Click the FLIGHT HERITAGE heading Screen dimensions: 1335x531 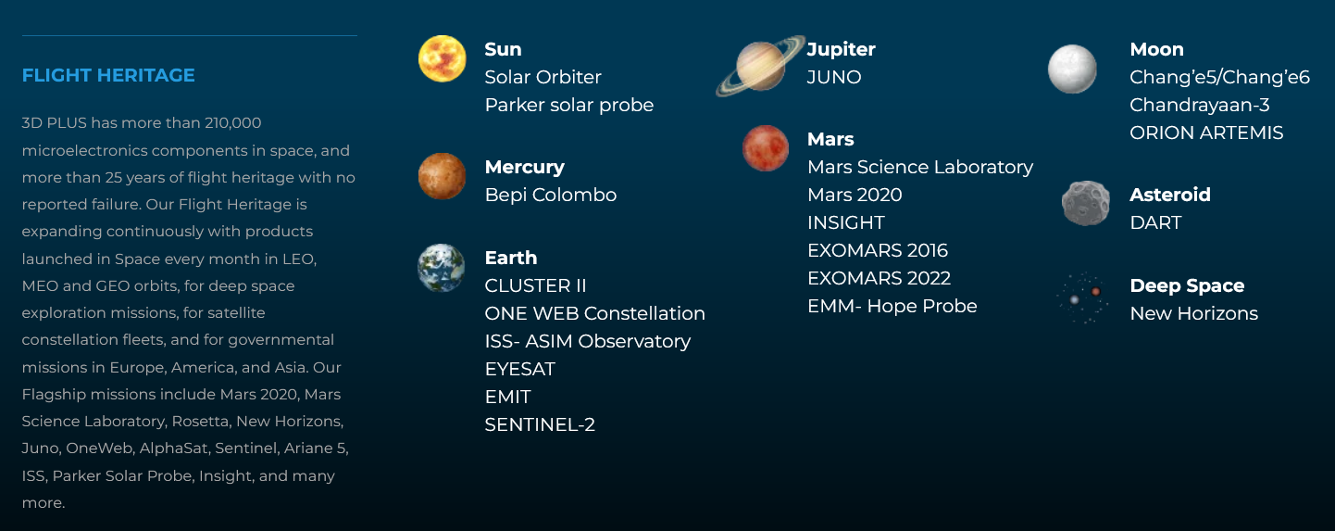108,75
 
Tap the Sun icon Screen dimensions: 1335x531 443,58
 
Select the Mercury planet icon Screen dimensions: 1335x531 442,176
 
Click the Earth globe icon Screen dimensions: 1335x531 441,268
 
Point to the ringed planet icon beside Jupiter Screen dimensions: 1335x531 760,66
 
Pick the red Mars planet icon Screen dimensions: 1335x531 766,148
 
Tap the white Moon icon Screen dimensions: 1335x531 1072,70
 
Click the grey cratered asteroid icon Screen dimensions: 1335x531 1086,204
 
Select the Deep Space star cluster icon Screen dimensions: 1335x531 1083,297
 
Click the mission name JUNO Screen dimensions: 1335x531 834,77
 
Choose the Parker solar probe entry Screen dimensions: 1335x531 569,105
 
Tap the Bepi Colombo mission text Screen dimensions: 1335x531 551,195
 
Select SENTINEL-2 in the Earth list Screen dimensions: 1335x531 540,424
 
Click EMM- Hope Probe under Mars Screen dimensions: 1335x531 892,306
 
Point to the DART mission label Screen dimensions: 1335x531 1155,222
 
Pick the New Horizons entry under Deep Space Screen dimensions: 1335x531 1193,313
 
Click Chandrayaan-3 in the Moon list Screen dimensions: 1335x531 1199,105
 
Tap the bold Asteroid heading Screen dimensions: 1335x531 1170,195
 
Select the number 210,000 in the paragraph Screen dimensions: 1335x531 233,123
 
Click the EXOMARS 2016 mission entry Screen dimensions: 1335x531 878,250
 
